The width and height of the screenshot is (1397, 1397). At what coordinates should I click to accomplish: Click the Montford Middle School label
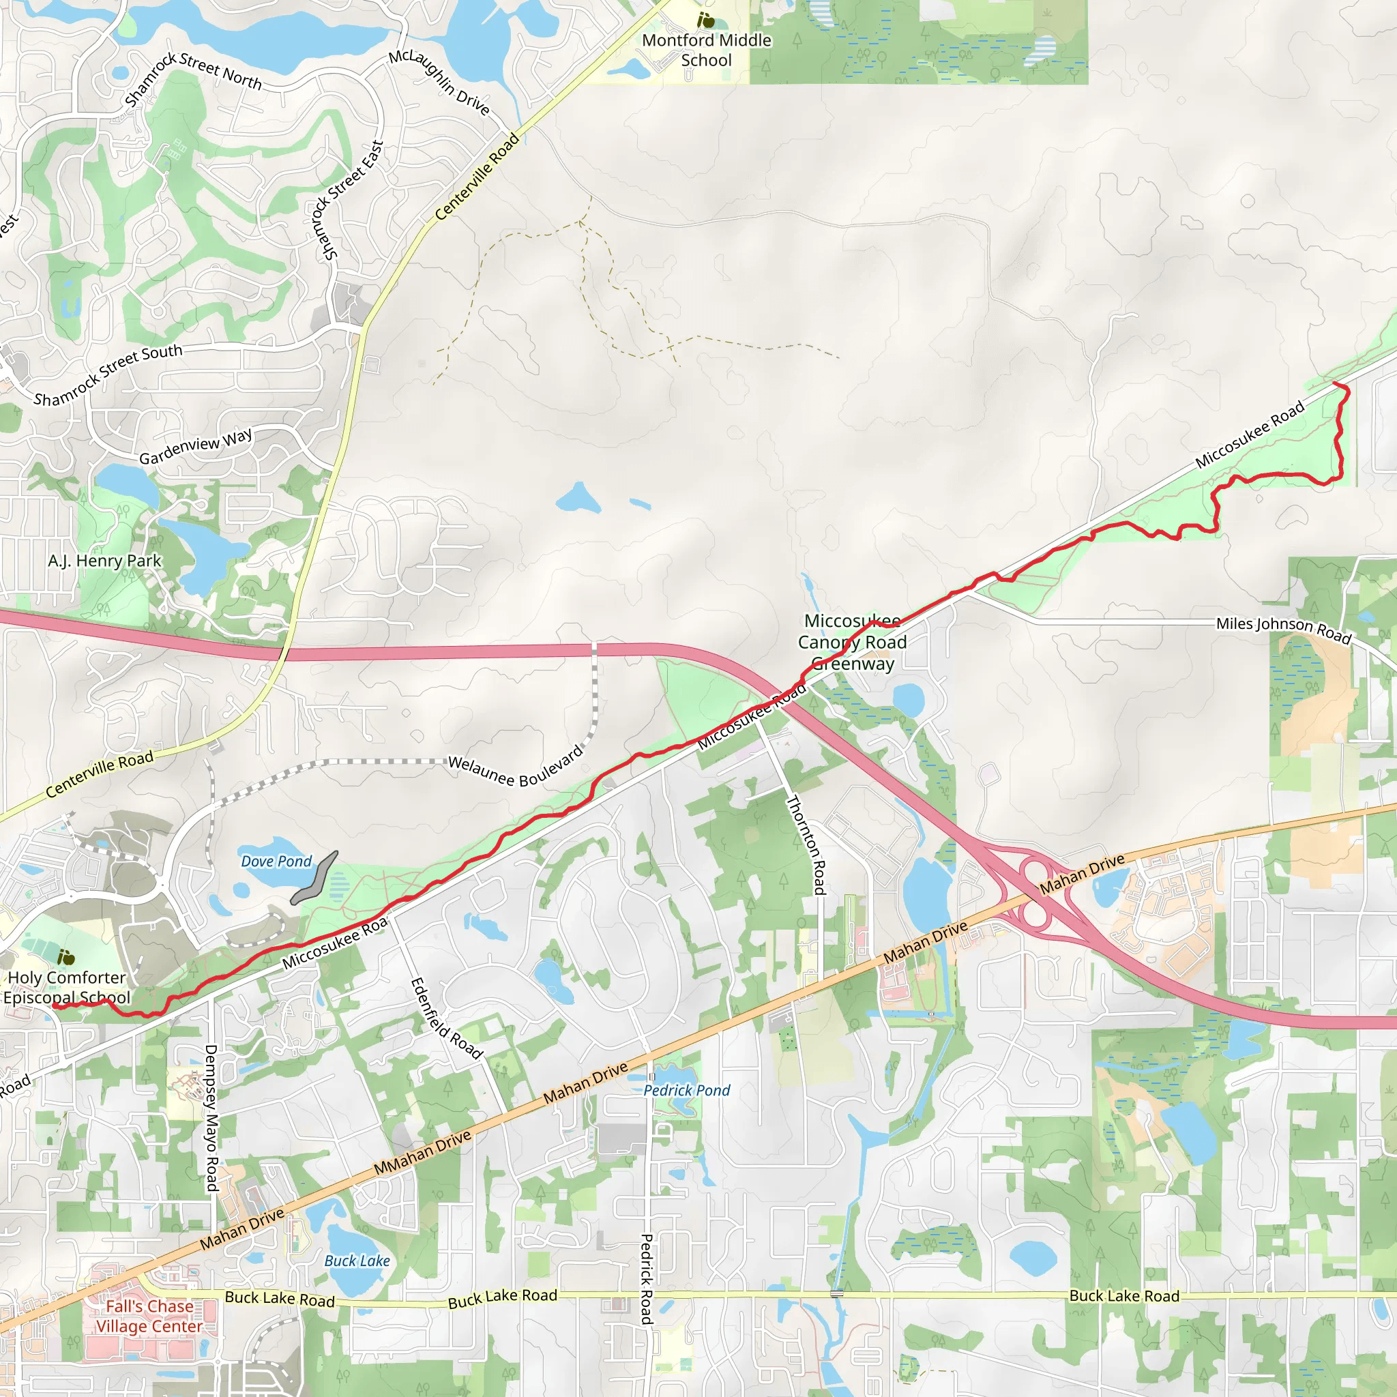[707, 50]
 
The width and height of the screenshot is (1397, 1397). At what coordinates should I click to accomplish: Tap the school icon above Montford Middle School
[706, 20]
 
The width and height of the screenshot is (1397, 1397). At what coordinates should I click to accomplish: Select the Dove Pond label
[276, 862]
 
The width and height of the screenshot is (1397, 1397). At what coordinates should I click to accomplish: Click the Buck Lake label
[357, 1261]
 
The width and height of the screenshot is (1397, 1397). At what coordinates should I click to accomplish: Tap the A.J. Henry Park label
[105, 561]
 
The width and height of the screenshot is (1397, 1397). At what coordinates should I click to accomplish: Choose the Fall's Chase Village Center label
[149, 1316]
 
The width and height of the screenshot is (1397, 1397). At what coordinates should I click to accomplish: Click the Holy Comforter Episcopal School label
[67, 987]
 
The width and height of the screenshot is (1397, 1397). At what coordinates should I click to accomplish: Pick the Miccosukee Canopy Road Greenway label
[853, 641]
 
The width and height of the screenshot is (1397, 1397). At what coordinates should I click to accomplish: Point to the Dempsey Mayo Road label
[211, 1117]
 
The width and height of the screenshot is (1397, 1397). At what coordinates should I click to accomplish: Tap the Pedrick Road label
[647, 1278]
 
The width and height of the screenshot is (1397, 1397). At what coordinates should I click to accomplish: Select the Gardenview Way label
[195, 446]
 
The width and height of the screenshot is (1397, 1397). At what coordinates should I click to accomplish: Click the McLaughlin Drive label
[439, 82]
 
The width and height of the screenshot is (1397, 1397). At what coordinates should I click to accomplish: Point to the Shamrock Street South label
[108, 374]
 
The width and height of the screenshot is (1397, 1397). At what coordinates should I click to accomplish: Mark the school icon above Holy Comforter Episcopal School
[65, 957]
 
